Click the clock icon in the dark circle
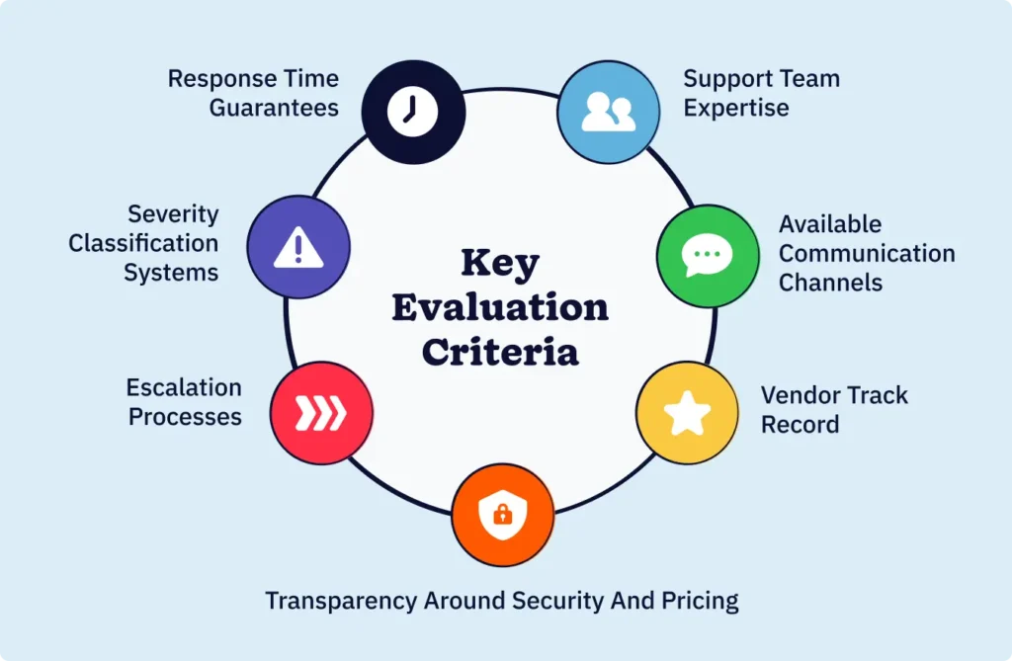[412, 111]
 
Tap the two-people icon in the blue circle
[608, 112]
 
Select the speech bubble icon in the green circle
[708, 254]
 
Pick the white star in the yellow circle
[686, 413]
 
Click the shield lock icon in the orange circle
[502, 514]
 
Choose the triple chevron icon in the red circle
[322, 413]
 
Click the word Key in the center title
[500, 265]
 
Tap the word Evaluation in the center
[500, 307]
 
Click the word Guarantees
[274, 107]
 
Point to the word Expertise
[736, 107]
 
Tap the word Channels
[830, 282]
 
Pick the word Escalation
[184, 387]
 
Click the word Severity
[173, 214]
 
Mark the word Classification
[143, 243]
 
